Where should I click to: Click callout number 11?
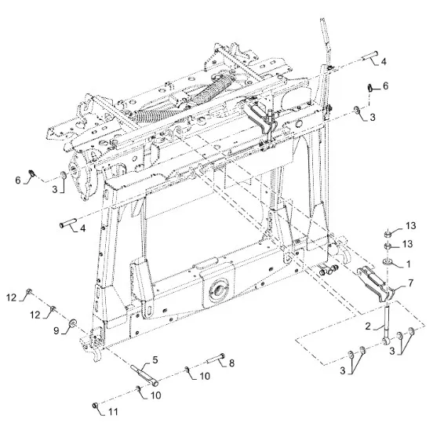tap(113, 412)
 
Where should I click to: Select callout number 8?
tap(231, 363)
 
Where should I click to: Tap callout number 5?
tap(155, 360)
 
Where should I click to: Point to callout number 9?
tap(56, 330)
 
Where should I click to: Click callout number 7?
tap(410, 282)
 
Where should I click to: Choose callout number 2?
tap(368, 326)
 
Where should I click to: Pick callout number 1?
tap(409, 264)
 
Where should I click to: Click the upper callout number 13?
tap(410, 226)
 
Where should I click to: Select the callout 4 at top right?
tap(384, 61)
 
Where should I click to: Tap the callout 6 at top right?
tap(385, 86)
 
